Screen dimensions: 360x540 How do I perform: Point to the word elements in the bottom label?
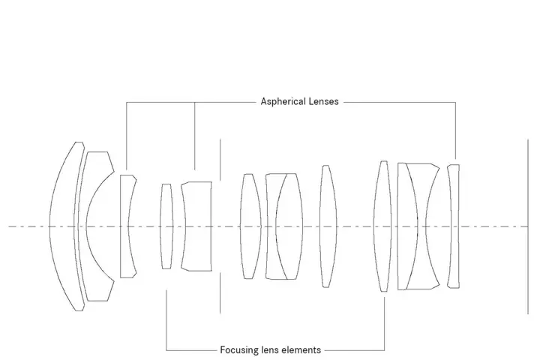coord(301,349)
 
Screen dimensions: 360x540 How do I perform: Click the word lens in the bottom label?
coord(271,349)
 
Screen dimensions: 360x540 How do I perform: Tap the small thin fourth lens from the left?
coord(166,226)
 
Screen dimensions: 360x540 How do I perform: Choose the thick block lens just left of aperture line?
coord(196,226)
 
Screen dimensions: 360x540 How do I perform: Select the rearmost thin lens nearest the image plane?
coord(452,226)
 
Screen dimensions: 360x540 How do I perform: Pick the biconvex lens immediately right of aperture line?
coord(249,226)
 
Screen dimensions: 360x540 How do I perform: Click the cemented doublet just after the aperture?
coord(283,226)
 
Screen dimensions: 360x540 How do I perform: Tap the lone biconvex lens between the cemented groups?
coord(325,226)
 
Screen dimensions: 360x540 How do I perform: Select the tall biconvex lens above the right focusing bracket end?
coord(384,226)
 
